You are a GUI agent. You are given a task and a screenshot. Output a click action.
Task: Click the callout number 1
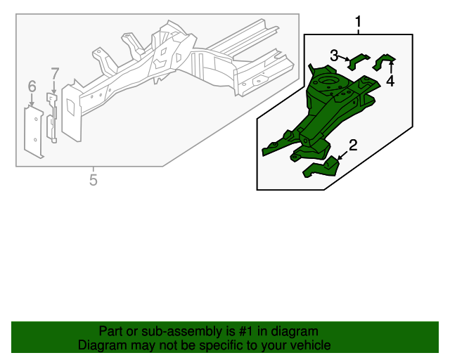pyautogui.click(x=358, y=22)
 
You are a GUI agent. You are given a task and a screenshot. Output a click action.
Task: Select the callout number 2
pyautogui.click(x=353, y=146)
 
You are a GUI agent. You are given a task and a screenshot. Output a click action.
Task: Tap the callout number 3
pyautogui.click(x=334, y=56)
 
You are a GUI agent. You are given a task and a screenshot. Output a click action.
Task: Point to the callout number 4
pyautogui.click(x=390, y=81)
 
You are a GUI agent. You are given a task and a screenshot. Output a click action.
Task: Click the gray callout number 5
pyautogui.click(x=94, y=180)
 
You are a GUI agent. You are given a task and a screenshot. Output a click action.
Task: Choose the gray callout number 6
pyautogui.click(x=32, y=86)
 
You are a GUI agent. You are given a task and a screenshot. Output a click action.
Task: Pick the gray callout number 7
pyautogui.click(x=55, y=73)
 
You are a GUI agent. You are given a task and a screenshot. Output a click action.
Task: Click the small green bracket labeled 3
pyautogui.click(x=358, y=61)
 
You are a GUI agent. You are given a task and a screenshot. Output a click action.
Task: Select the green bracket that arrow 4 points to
pyautogui.click(x=383, y=62)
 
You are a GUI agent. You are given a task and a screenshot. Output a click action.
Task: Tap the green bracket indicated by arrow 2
pyautogui.click(x=321, y=167)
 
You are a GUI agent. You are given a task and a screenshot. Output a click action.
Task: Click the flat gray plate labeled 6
pyautogui.click(x=34, y=131)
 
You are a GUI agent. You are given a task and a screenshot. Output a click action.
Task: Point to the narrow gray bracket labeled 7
pyautogui.click(x=51, y=117)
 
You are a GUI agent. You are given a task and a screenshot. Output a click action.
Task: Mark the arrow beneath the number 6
pyautogui.click(x=32, y=100)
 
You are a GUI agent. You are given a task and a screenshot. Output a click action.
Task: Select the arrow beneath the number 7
pyautogui.click(x=54, y=86)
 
